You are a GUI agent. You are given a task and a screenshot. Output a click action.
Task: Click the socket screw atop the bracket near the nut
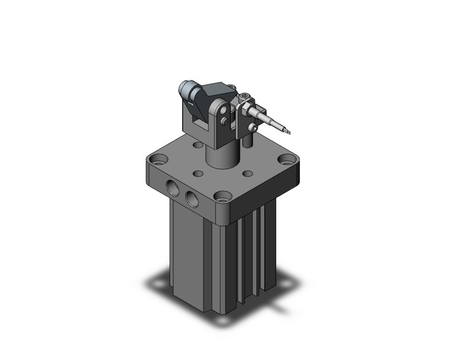pos(246,96)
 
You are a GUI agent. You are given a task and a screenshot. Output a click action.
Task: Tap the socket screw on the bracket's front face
pos(254,128)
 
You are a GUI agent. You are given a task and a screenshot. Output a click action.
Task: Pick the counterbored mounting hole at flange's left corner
pos(159,159)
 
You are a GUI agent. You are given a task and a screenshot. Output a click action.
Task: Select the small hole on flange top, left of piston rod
pos(197,174)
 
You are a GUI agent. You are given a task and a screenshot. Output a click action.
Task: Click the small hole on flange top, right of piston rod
pos(247,174)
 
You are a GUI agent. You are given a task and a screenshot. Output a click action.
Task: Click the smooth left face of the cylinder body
pos(190,258)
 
